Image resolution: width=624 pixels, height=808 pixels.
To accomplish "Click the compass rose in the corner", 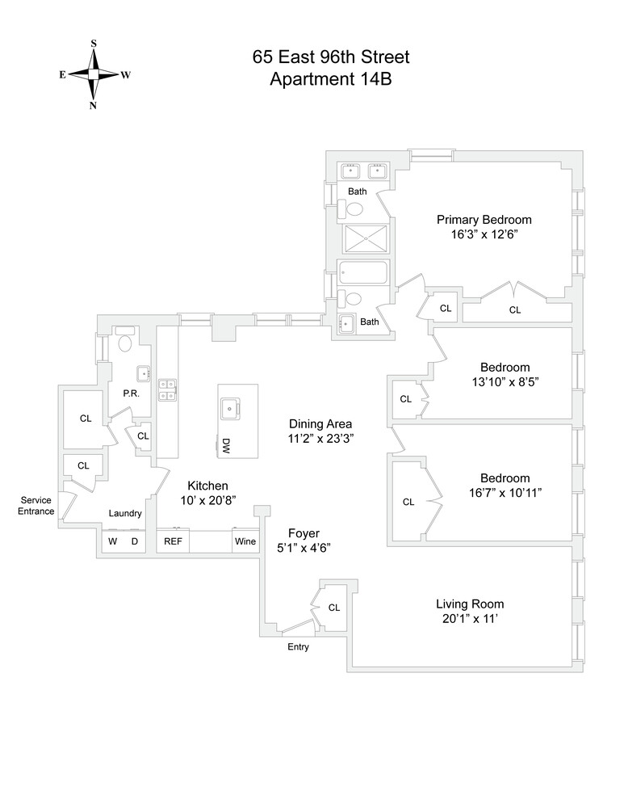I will [94, 74].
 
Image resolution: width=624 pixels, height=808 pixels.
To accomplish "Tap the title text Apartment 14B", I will [330, 79].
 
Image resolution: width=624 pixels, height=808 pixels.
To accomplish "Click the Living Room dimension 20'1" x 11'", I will [470, 619].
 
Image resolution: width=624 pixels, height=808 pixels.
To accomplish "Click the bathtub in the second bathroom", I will [363, 272].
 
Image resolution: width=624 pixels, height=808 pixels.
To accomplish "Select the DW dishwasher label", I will [227, 445].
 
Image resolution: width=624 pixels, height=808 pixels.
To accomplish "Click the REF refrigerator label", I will [173, 541].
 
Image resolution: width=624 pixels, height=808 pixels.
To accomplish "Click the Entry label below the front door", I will [298, 647].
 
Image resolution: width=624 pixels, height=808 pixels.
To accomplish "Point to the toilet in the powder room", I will [124, 343].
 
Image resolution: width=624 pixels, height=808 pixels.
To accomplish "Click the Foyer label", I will [304, 533].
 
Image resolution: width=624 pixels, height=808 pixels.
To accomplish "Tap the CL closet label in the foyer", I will [334, 608].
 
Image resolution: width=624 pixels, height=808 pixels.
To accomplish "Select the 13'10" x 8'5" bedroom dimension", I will [505, 382].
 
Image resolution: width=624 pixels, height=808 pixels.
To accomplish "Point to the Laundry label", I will [125, 513].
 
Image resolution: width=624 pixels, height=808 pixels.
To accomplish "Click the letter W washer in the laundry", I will [112, 541].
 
